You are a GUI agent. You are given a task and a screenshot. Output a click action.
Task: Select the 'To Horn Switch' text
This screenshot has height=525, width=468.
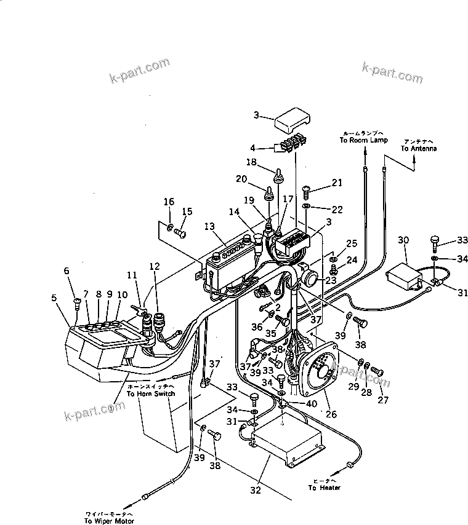(151, 393)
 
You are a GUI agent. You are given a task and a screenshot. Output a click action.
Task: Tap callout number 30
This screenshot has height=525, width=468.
(403, 240)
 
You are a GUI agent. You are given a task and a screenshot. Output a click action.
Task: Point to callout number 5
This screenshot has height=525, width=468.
(54, 299)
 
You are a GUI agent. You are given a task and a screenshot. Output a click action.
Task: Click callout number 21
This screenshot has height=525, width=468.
(336, 183)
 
